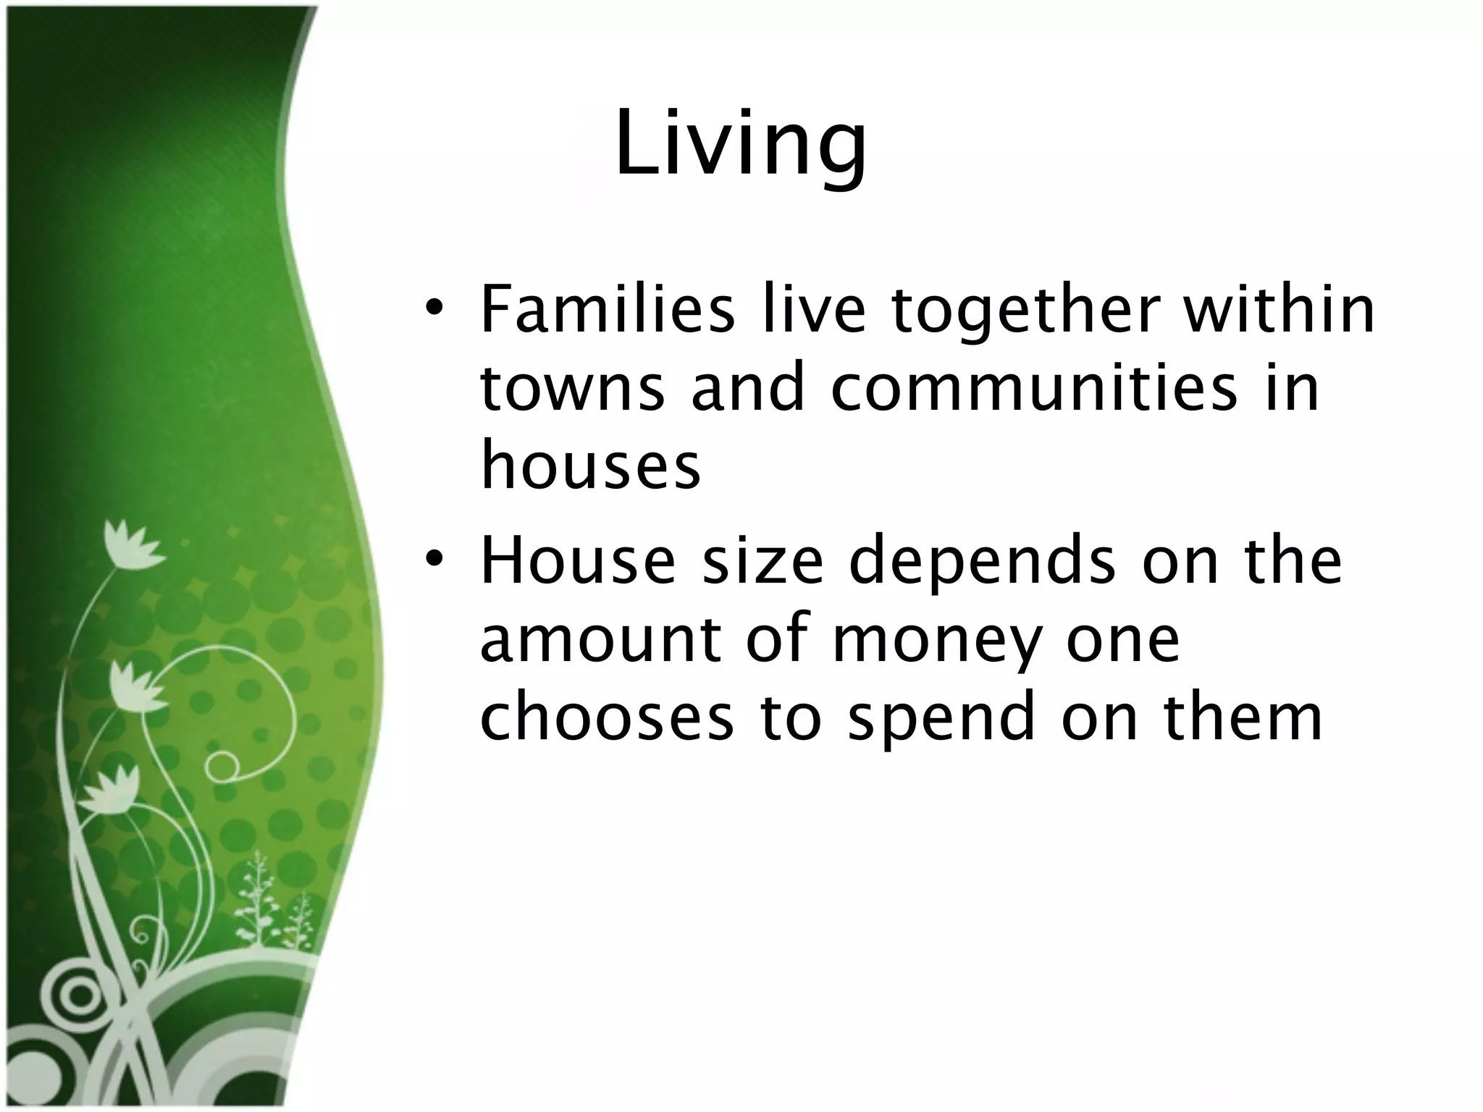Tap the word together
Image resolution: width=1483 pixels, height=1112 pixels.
1024,311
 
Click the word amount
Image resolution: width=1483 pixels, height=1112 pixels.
601,640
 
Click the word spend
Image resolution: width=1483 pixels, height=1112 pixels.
941,721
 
